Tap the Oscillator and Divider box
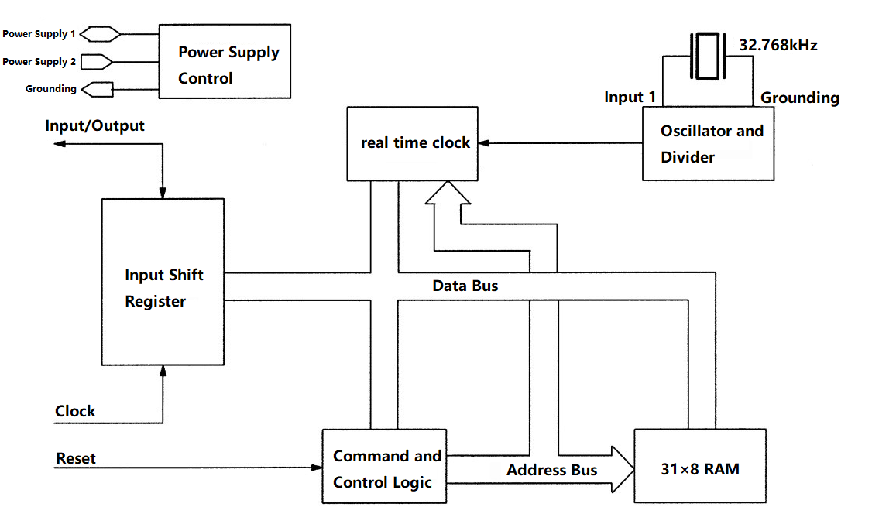pos(708,144)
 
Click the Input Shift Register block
pos(163,282)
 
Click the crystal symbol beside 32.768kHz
pos(708,56)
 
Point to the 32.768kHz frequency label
pos(778,45)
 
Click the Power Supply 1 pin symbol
pos(101,34)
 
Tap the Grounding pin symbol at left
pos(98,89)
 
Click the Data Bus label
pos(465,286)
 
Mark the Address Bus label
pos(551,470)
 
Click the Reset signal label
pos(76,458)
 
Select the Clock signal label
pos(75,411)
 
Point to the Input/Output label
pos(94,125)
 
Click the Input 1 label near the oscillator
pos(630,98)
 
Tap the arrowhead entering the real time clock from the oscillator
pos(481,143)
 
